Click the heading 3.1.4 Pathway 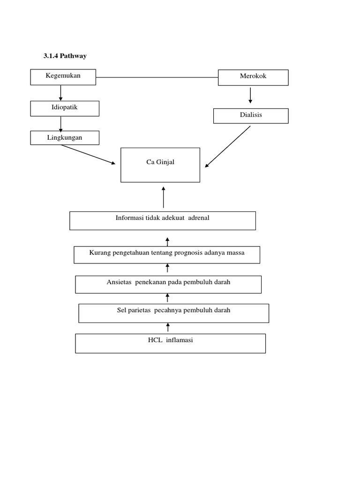tap(65, 56)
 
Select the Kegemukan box tap(63, 77)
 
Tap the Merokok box tap(253, 77)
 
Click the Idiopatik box tap(65, 108)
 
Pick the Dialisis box tap(251, 115)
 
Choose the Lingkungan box tap(65, 137)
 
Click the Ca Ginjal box tap(160, 165)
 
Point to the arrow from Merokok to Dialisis tap(250, 95)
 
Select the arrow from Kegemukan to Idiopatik tap(61, 93)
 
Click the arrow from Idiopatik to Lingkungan tap(61, 123)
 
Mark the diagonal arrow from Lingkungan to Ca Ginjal tap(88, 154)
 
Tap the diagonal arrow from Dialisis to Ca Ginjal tap(228, 146)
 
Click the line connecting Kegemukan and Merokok tap(157, 77)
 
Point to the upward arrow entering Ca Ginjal tap(164, 197)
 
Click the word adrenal tap(198, 218)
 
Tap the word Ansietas tap(119, 282)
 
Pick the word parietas tap(139, 310)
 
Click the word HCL tap(155, 340)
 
